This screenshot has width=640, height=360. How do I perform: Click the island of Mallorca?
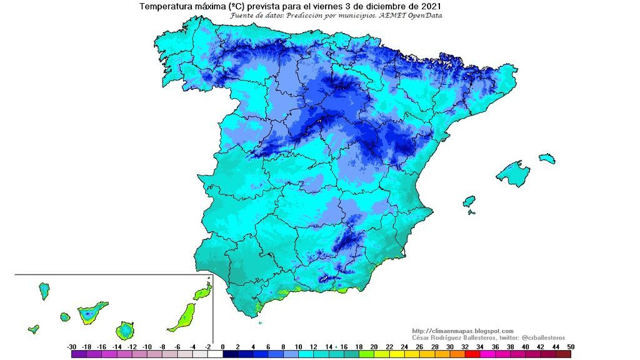514,173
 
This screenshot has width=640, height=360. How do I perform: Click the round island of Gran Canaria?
126,329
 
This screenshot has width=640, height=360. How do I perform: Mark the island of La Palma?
44,291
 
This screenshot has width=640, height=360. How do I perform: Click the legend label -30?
72,346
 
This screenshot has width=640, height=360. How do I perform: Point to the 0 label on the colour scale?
222,346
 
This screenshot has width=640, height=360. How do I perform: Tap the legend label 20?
374,346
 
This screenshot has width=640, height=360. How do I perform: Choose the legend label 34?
479,346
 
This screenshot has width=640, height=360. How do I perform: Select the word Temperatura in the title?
165,6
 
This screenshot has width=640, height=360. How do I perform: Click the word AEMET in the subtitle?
396,15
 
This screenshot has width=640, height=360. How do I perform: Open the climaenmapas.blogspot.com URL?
462,331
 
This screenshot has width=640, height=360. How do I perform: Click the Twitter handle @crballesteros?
541,337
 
